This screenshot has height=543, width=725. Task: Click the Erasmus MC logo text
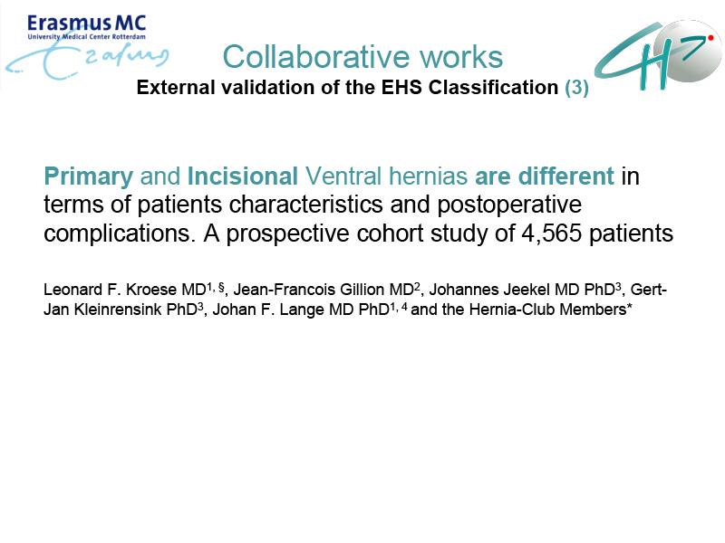coord(86,24)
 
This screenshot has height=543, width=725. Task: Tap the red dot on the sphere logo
coord(710,38)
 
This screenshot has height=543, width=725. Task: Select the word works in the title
coord(461,57)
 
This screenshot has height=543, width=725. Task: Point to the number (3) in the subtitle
coord(576,87)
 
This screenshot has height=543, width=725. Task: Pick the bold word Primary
coord(88,176)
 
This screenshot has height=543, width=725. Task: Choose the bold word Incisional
coord(242,176)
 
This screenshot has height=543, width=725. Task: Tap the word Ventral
coord(343,176)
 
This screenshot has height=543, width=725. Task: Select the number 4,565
coord(552,233)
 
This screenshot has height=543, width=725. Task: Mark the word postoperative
coord(509,205)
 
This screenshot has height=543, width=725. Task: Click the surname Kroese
coord(151,290)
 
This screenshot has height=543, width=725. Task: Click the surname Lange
coord(301,310)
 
